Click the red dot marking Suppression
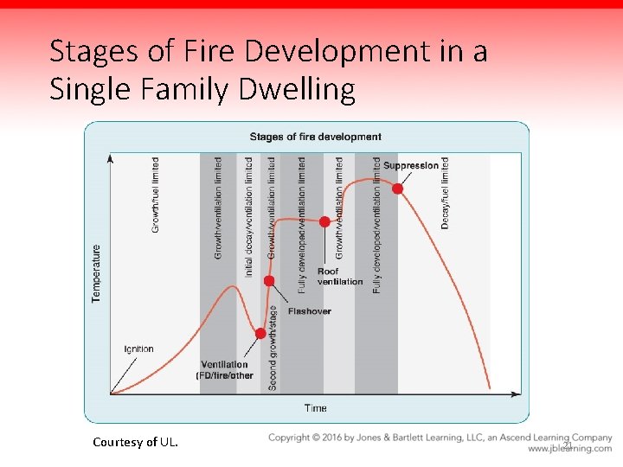click(x=397, y=189)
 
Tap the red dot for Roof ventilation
click(x=324, y=221)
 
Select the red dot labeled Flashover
click(x=269, y=281)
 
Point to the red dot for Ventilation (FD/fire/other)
click(x=260, y=333)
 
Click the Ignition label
click(x=138, y=349)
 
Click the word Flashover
click(x=309, y=311)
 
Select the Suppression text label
click(x=411, y=166)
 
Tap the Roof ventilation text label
click(x=340, y=276)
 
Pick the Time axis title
click(x=315, y=408)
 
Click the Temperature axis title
click(x=96, y=272)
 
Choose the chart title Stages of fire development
click(x=315, y=137)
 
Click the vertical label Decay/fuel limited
click(x=445, y=193)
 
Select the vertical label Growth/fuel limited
click(x=155, y=195)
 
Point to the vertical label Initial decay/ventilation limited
click(x=248, y=217)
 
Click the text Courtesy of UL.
click(x=136, y=442)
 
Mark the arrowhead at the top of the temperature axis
click(x=110, y=158)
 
